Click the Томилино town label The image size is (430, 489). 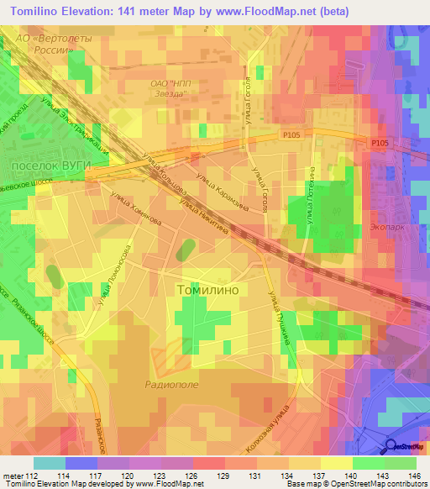(x=208, y=289)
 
